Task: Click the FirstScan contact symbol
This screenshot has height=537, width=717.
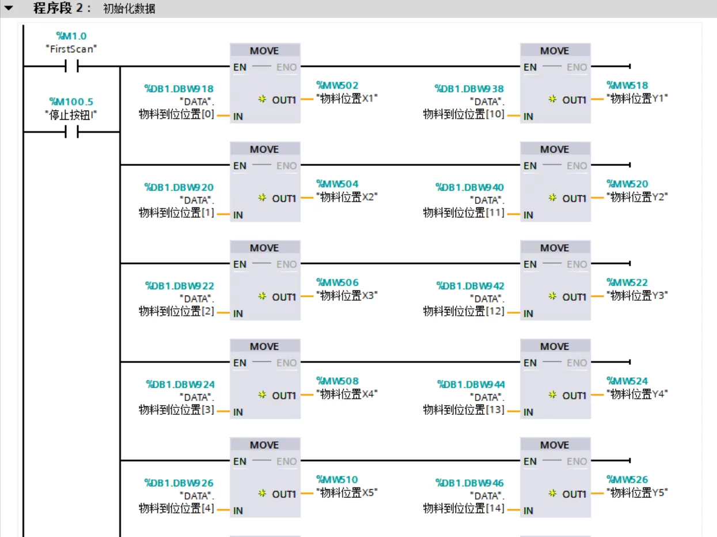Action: coord(71,67)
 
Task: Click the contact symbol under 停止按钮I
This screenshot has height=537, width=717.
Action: coord(71,133)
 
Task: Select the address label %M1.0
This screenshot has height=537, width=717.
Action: coord(71,36)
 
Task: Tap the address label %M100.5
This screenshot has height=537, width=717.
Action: coord(71,102)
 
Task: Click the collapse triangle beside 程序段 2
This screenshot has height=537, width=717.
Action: coord(8,9)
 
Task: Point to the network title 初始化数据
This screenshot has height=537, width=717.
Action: coord(129,9)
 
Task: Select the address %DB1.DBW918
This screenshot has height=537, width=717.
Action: coord(179,89)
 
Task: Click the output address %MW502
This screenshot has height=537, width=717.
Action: coord(337,85)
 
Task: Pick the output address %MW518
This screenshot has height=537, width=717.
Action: coord(627,85)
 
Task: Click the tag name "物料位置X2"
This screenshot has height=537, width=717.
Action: coord(347,197)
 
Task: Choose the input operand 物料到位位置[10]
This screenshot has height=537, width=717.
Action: coord(464,115)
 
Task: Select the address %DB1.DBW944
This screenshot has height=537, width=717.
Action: coord(470,384)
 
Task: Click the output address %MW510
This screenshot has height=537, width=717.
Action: coord(337,479)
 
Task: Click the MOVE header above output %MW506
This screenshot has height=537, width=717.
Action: coord(264,248)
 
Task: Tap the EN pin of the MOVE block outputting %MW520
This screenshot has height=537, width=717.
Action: coord(530,166)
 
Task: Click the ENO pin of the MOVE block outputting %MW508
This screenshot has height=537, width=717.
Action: coord(287,363)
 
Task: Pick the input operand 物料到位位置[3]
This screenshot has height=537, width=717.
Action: coord(176,410)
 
